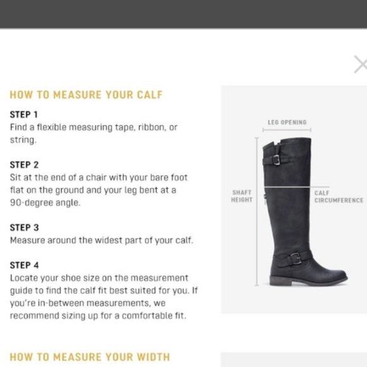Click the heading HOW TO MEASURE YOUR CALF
[x=86, y=96]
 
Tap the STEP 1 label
[x=24, y=115]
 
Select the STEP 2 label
[x=24, y=165]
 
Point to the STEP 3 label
[x=24, y=227]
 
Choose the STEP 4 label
[x=24, y=265]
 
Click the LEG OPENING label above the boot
[x=287, y=122]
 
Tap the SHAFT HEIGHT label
[x=242, y=196]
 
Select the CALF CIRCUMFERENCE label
[x=339, y=196]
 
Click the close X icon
[x=360, y=64]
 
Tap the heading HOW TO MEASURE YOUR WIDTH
[x=90, y=357]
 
